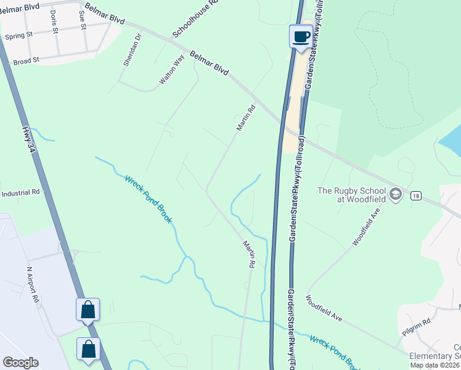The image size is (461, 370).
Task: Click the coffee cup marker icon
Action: pos(301,36)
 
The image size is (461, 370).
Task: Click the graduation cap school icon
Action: pos(396,195)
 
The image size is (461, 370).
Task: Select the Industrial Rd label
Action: pos(20,192)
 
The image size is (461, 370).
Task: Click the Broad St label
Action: pos(26,60)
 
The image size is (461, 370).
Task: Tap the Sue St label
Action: pos(81,20)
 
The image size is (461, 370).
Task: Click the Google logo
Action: pos(20,363)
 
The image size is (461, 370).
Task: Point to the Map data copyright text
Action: pos(434,365)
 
